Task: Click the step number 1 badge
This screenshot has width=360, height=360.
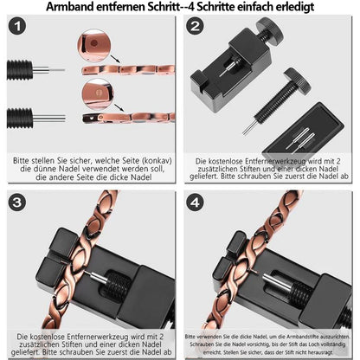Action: pos(17,26)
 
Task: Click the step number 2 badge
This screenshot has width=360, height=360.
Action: pos(195,26)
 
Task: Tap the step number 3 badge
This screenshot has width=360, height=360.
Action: pos(17,202)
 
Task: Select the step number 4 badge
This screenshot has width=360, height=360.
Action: pos(195,202)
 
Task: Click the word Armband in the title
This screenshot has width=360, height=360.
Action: pos(70,6)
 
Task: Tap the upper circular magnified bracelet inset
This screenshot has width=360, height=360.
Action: pos(94,45)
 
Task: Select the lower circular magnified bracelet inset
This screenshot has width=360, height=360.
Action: pos(98,93)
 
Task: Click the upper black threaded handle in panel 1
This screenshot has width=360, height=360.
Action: pos(20,69)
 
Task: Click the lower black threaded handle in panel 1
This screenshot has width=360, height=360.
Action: pos(20,119)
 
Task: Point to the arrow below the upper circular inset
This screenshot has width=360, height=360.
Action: pos(116,59)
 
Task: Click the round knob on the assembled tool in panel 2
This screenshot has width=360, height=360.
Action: pos(270,29)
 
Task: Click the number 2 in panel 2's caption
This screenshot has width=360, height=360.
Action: pos(338,161)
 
